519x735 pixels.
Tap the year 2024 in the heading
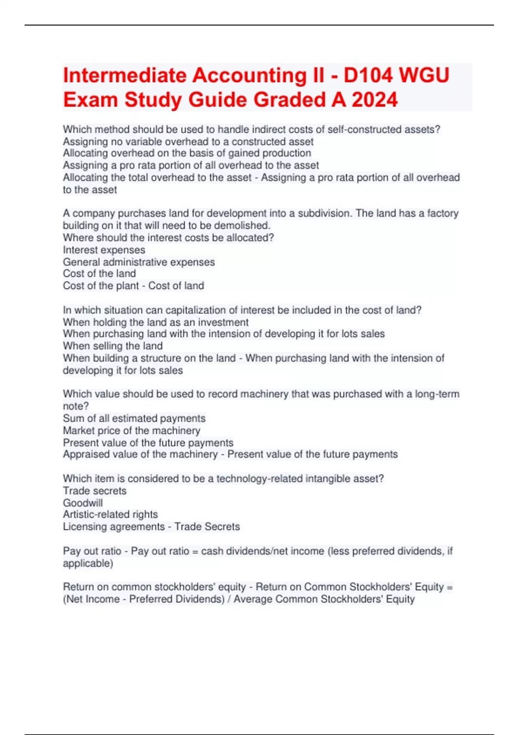[375, 100]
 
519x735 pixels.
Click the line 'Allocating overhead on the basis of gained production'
[187, 153]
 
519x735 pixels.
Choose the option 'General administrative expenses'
[139, 262]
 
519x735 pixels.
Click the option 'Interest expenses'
[104, 250]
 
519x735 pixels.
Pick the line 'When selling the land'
[112, 346]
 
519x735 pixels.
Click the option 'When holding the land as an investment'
[156, 322]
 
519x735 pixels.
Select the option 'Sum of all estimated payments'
[134, 418]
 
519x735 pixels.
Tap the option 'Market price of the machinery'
[131, 431]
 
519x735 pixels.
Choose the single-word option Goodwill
[83, 503]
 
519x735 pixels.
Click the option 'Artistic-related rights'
[110, 514]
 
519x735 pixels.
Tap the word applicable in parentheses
[87, 563]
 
